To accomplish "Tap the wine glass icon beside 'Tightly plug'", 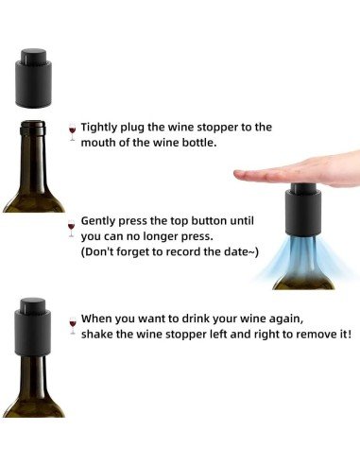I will pyautogui.click(x=72, y=130).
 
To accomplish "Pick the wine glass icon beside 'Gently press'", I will pyautogui.click(x=72, y=227).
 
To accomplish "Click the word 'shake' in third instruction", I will pyautogui.click(x=98, y=336).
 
